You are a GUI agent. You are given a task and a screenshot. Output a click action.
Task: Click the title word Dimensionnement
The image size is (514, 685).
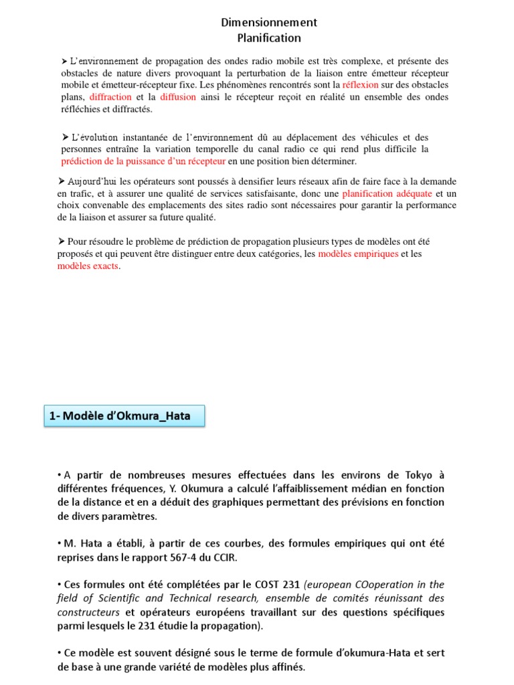point(269,23)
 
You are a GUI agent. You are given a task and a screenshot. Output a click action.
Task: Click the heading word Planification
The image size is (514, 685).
point(269,38)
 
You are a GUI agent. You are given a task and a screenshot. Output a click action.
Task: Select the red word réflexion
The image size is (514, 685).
point(360,85)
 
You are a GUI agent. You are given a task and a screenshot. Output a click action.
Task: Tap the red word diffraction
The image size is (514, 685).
point(111,97)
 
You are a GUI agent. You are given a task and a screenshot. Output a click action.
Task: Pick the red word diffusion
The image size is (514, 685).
point(178,97)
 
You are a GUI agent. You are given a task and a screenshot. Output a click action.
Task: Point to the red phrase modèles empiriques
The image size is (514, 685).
point(358,254)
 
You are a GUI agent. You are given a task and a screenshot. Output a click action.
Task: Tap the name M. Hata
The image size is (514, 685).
point(82,543)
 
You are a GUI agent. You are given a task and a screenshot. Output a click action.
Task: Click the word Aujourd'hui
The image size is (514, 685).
point(92,181)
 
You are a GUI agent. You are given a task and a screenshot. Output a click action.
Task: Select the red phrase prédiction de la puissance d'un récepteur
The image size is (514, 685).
point(143,161)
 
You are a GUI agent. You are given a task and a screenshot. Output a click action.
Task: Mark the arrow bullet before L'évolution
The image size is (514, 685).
point(66,136)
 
